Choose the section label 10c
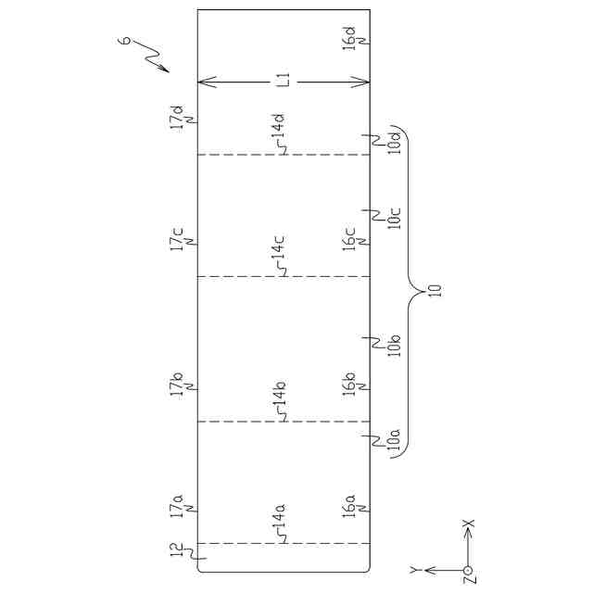point(393,219)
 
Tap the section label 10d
point(393,143)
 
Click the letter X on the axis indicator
point(469,525)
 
